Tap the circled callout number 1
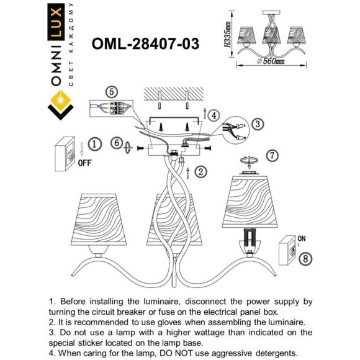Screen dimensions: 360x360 point(94,145)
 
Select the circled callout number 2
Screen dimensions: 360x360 point(200,171)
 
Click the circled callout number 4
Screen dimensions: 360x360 point(213,115)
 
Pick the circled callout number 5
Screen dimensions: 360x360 point(111,92)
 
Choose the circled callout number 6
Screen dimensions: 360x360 point(115,142)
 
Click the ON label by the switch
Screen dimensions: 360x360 point(302,238)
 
